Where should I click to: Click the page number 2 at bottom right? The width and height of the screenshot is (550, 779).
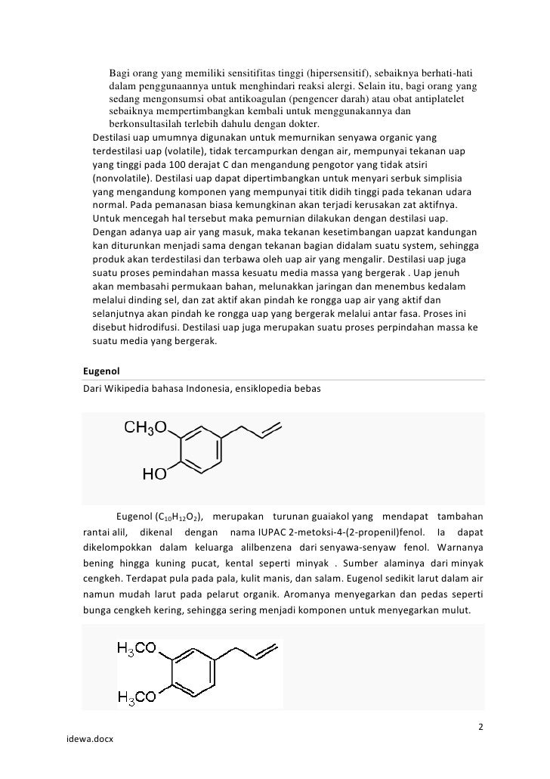pos(481,728)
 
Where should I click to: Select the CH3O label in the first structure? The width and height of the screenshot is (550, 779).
pos(146,429)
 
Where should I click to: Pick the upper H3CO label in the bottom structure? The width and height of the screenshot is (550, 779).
pos(137,648)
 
